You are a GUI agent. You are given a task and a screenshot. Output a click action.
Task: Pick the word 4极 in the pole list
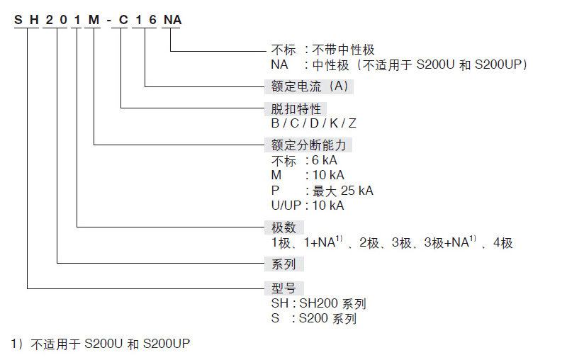503,243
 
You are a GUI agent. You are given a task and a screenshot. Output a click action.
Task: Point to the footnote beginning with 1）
100,344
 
